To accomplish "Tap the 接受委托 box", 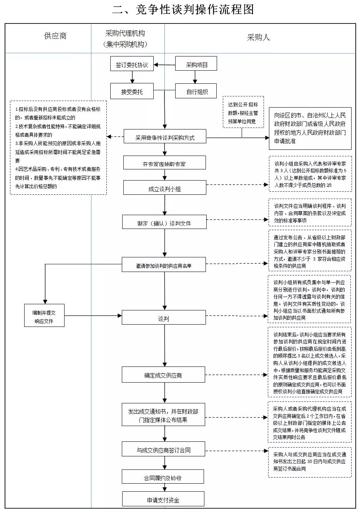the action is pyautogui.click(x=132, y=91).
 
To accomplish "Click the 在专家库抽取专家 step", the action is pyautogui.click(x=164, y=162).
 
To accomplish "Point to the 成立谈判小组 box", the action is pyautogui.click(x=164, y=187).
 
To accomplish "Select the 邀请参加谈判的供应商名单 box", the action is pyautogui.click(x=164, y=264).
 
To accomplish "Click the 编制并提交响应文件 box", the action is pyautogui.click(x=44, y=315).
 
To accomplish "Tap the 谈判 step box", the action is pyautogui.click(x=164, y=317).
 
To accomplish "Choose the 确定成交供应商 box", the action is pyautogui.click(x=163, y=375).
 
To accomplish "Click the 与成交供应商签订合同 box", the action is pyautogui.click(x=163, y=449).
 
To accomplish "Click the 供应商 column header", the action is pyautogui.click(x=55, y=36).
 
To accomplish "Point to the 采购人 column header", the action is pyautogui.click(x=258, y=37).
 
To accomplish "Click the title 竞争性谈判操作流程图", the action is pyautogui.click(x=194, y=10).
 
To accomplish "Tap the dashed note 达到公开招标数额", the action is pyautogui.click(x=243, y=112).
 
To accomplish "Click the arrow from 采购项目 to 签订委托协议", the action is pyautogui.click(x=164, y=65).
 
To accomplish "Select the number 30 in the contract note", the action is pyautogui.click(x=310, y=461).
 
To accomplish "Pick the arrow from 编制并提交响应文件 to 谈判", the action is pyautogui.click(x=93, y=315).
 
